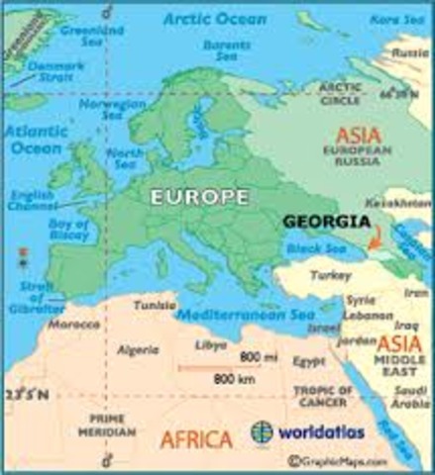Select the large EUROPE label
(199, 197)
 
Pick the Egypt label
(309, 362)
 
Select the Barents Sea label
(226, 49)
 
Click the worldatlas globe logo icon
(262, 432)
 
